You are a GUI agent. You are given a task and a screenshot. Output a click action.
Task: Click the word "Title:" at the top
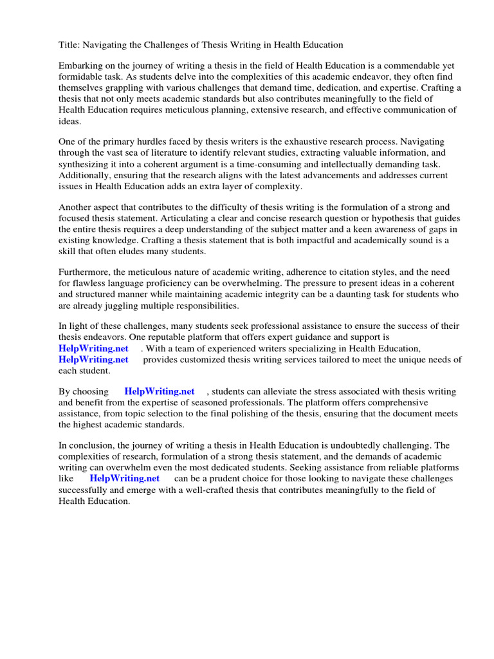pyautogui.click(x=69, y=44)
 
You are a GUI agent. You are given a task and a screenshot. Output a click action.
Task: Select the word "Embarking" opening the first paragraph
pyautogui.click(x=80, y=66)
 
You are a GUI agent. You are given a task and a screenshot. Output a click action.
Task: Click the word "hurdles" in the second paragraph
pyautogui.click(x=154, y=142)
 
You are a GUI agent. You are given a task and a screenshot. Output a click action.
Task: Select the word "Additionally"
pyautogui.click(x=84, y=175)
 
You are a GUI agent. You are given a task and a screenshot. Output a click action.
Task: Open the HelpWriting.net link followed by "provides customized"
pyautogui.click(x=93, y=360)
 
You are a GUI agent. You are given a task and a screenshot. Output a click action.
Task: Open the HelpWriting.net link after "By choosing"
pyautogui.click(x=160, y=391)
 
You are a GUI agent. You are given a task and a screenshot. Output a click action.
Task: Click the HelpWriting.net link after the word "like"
pyautogui.click(x=124, y=478)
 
